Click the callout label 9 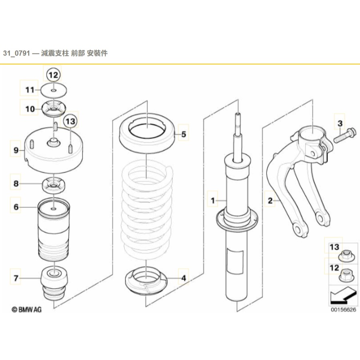click(16, 150)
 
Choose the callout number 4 click(183, 278)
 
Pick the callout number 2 click(270, 201)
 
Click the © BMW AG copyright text click(27, 309)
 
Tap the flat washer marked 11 click(53, 91)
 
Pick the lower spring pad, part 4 click(146, 283)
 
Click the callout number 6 click(16, 207)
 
